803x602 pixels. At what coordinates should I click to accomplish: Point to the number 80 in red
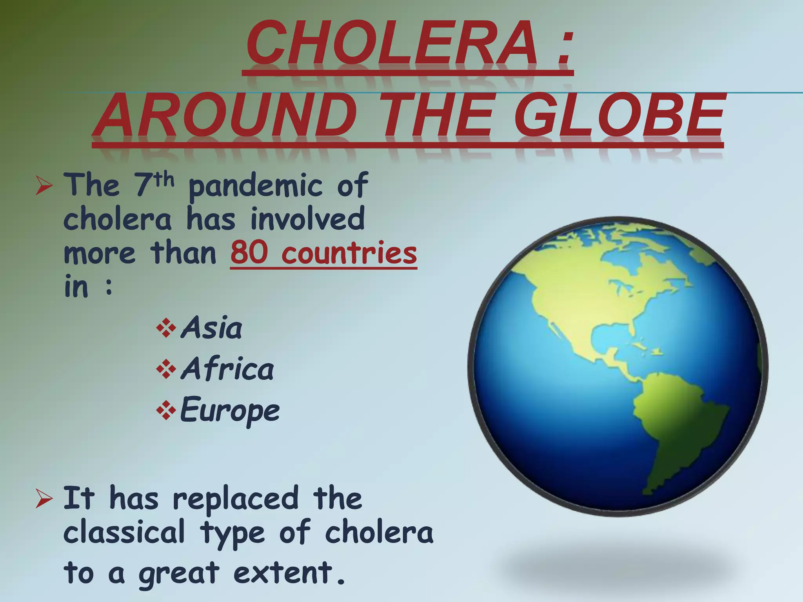tap(249, 253)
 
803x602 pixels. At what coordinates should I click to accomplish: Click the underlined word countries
tap(349, 253)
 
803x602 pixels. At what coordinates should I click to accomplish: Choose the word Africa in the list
tap(227, 369)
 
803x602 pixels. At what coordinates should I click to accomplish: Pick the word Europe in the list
tap(230, 411)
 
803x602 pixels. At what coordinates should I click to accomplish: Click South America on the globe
tap(674, 423)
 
